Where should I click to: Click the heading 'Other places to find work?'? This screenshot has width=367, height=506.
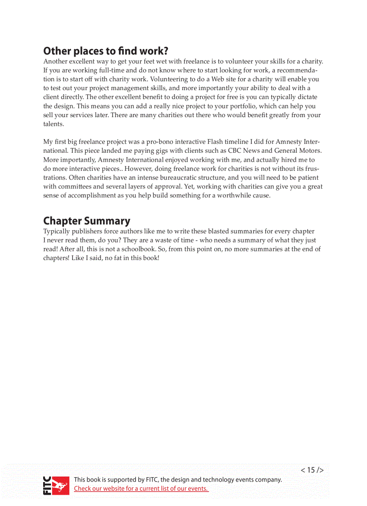(x=106, y=50)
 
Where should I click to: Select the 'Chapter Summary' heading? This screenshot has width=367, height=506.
(x=87, y=221)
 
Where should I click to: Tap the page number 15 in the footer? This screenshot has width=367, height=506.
(x=312, y=470)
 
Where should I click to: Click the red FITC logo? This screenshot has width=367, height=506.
(x=56, y=485)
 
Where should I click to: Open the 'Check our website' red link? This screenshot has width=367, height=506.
(x=141, y=488)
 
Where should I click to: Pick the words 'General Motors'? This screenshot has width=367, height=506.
(x=298, y=151)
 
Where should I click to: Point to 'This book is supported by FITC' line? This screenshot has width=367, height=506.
(x=178, y=479)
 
